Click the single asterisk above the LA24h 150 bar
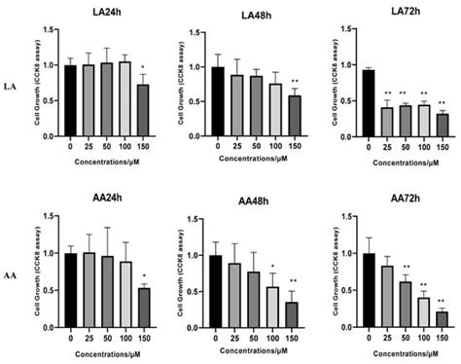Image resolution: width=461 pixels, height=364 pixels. coord(145,66)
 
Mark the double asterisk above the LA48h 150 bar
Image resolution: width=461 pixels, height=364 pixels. coord(296,80)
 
